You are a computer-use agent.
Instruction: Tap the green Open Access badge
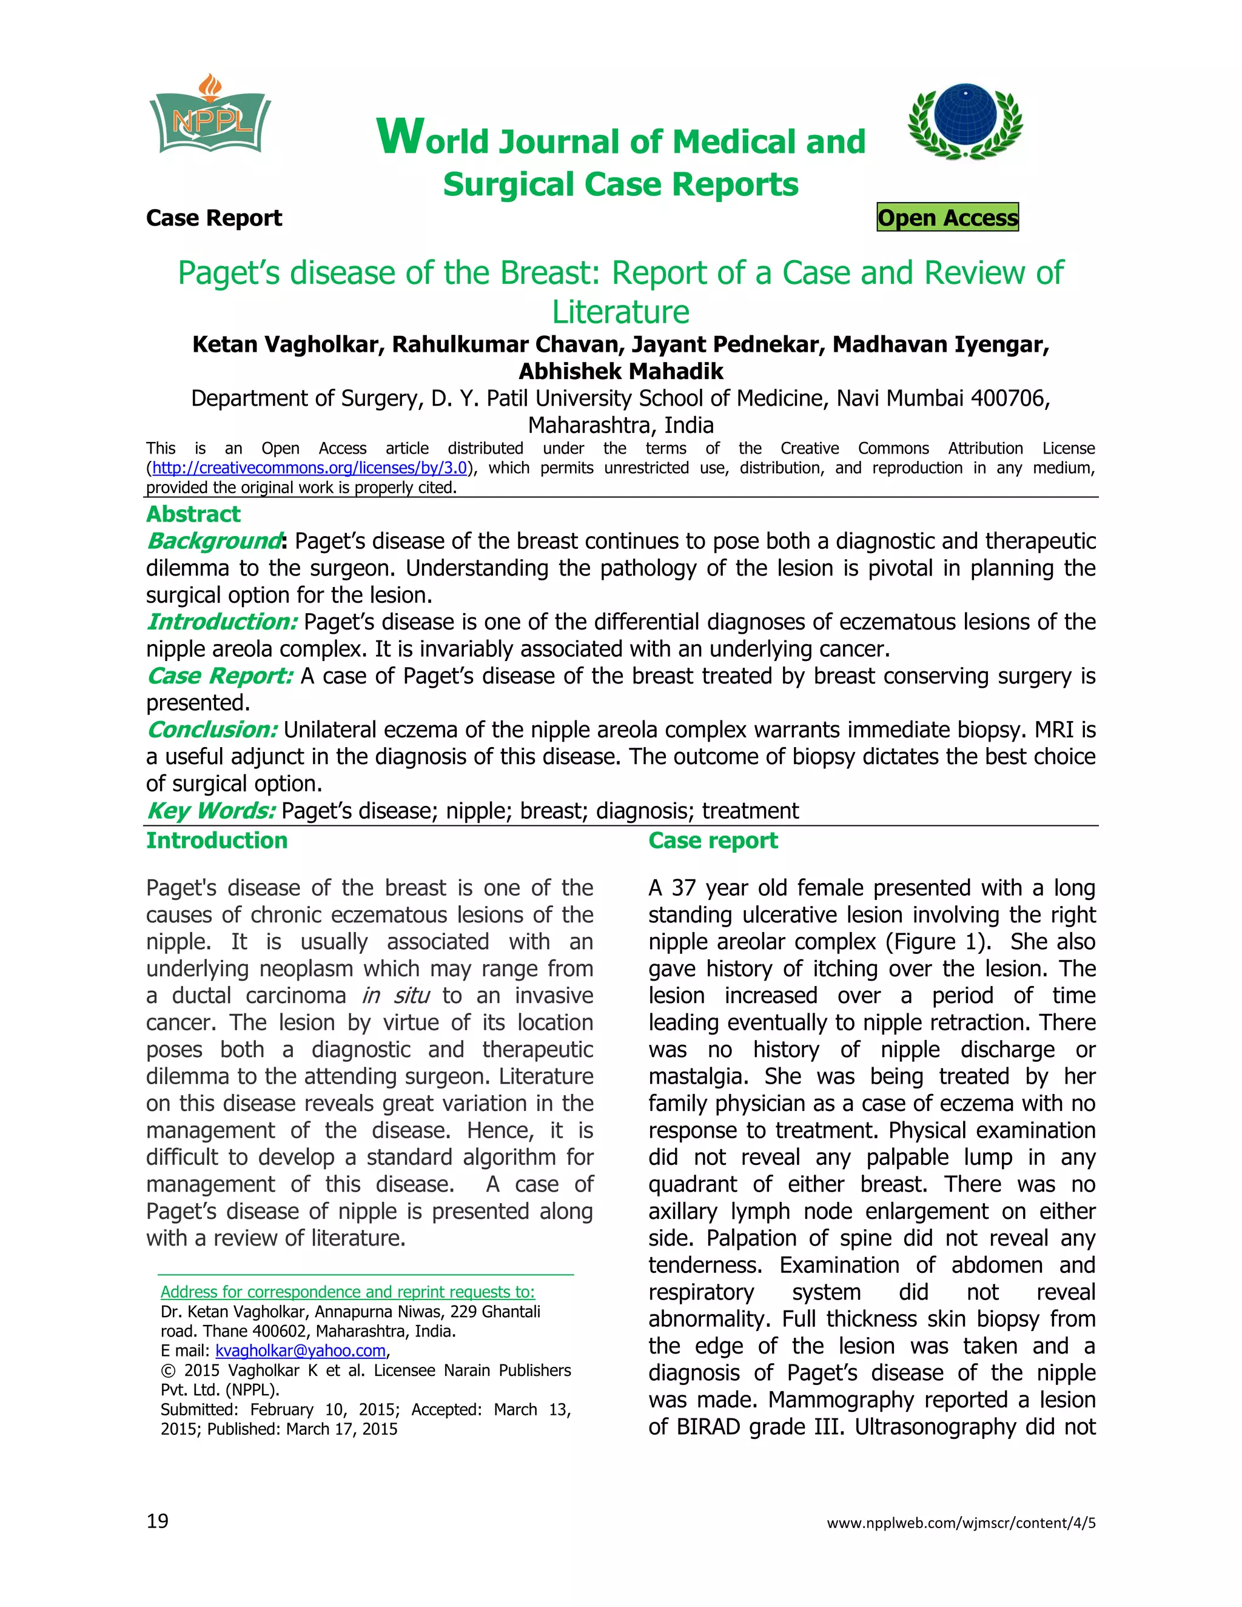click(x=948, y=217)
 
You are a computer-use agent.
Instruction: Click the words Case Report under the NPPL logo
click(x=214, y=218)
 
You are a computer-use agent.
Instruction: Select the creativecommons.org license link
click(x=309, y=468)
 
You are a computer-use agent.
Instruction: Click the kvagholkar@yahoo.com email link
click(x=300, y=1350)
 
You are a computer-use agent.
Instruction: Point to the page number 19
click(x=158, y=1521)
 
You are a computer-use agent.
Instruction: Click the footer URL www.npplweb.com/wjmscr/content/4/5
click(x=961, y=1522)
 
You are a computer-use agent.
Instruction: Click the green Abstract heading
click(x=193, y=514)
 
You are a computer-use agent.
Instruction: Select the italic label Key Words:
click(x=211, y=810)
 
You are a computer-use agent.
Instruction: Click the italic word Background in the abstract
click(x=213, y=541)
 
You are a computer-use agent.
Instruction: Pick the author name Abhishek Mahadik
click(x=621, y=371)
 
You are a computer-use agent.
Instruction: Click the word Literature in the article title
click(x=621, y=312)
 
